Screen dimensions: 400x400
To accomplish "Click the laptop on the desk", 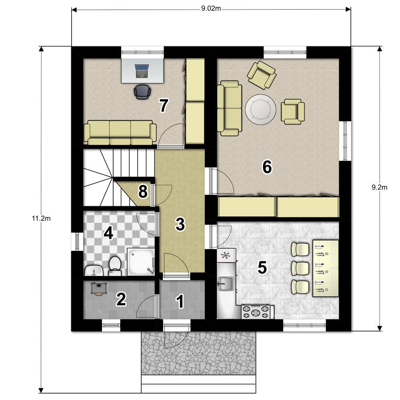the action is (142, 71).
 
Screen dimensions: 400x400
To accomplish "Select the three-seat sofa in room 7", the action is (120, 132).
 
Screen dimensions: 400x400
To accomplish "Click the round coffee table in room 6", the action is (260, 110).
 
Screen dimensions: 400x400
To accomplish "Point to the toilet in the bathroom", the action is (115, 266).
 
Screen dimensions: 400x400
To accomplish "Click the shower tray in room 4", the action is (141, 262).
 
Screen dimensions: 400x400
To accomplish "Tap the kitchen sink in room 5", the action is (226, 284).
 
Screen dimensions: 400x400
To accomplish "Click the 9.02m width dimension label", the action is (211, 8).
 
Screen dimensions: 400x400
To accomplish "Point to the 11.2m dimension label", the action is (41, 218).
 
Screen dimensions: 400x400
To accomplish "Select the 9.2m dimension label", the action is (379, 188).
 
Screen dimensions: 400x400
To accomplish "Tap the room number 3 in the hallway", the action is (180, 224).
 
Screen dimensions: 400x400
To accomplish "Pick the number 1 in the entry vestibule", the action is (180, 301).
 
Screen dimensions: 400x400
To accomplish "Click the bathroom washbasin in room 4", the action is (94, 271).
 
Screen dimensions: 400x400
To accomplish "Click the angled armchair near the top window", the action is (262, 75).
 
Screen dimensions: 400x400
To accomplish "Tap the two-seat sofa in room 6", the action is (229, 108).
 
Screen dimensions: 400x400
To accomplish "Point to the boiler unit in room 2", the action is (98, 288).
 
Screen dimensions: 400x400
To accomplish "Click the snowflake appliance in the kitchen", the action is (226, 255).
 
